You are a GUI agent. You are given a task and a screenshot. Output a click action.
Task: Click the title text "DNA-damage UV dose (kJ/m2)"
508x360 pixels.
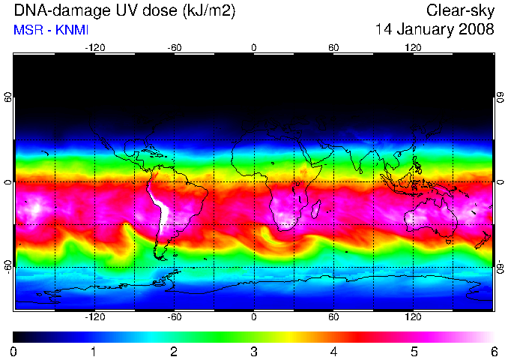[x=124, y=11]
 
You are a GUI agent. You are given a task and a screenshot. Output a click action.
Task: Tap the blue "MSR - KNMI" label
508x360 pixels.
[x=51, y=30]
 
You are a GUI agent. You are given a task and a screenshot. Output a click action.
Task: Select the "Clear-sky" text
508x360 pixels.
[x=460, y=10]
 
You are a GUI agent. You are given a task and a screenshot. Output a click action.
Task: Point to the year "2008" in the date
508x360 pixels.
[x=477, y=29]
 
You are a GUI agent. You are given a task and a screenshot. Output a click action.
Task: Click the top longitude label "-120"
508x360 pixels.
[x=95, y=48]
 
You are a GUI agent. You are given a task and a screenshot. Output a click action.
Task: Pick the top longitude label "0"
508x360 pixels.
[x=254, y=48]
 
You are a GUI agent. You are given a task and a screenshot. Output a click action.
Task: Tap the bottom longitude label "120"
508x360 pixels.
[x=413, y=316]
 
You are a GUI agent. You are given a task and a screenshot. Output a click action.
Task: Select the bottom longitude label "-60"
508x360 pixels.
[x=175, y=316]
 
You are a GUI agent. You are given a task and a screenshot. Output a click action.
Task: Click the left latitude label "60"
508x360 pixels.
[x=7, y=97]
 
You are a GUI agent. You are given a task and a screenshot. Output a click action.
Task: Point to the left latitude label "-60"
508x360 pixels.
[x=7, y=267]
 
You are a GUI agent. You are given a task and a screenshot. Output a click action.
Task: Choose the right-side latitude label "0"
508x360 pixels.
[x=501, y=182]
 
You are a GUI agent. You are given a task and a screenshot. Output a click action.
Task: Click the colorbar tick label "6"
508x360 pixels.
[x=494, y=352]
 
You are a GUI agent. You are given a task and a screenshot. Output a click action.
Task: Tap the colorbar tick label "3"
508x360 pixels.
[x=254, y=352]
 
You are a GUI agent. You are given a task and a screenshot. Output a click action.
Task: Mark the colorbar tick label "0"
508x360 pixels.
[x=13, y=352]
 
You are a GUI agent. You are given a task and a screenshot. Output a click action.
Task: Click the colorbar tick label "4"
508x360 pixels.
[x=333, y=352]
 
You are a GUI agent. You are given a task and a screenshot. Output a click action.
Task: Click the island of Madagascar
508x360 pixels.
[x=315, y=209]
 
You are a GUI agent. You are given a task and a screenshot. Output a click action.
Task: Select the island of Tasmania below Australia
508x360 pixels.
[x=448, y=241]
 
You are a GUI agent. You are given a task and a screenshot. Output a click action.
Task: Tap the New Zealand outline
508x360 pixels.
[x=483, y=240]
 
